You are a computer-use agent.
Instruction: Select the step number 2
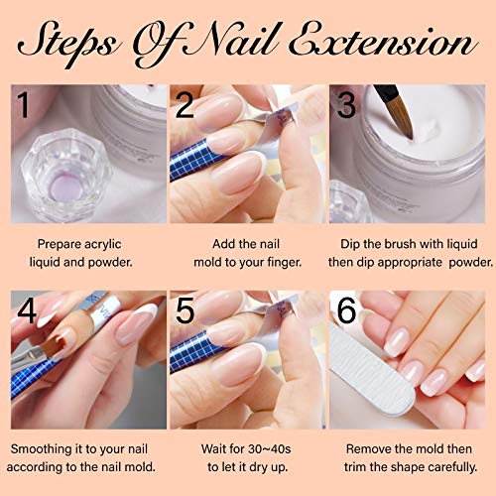click(186, 104)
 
